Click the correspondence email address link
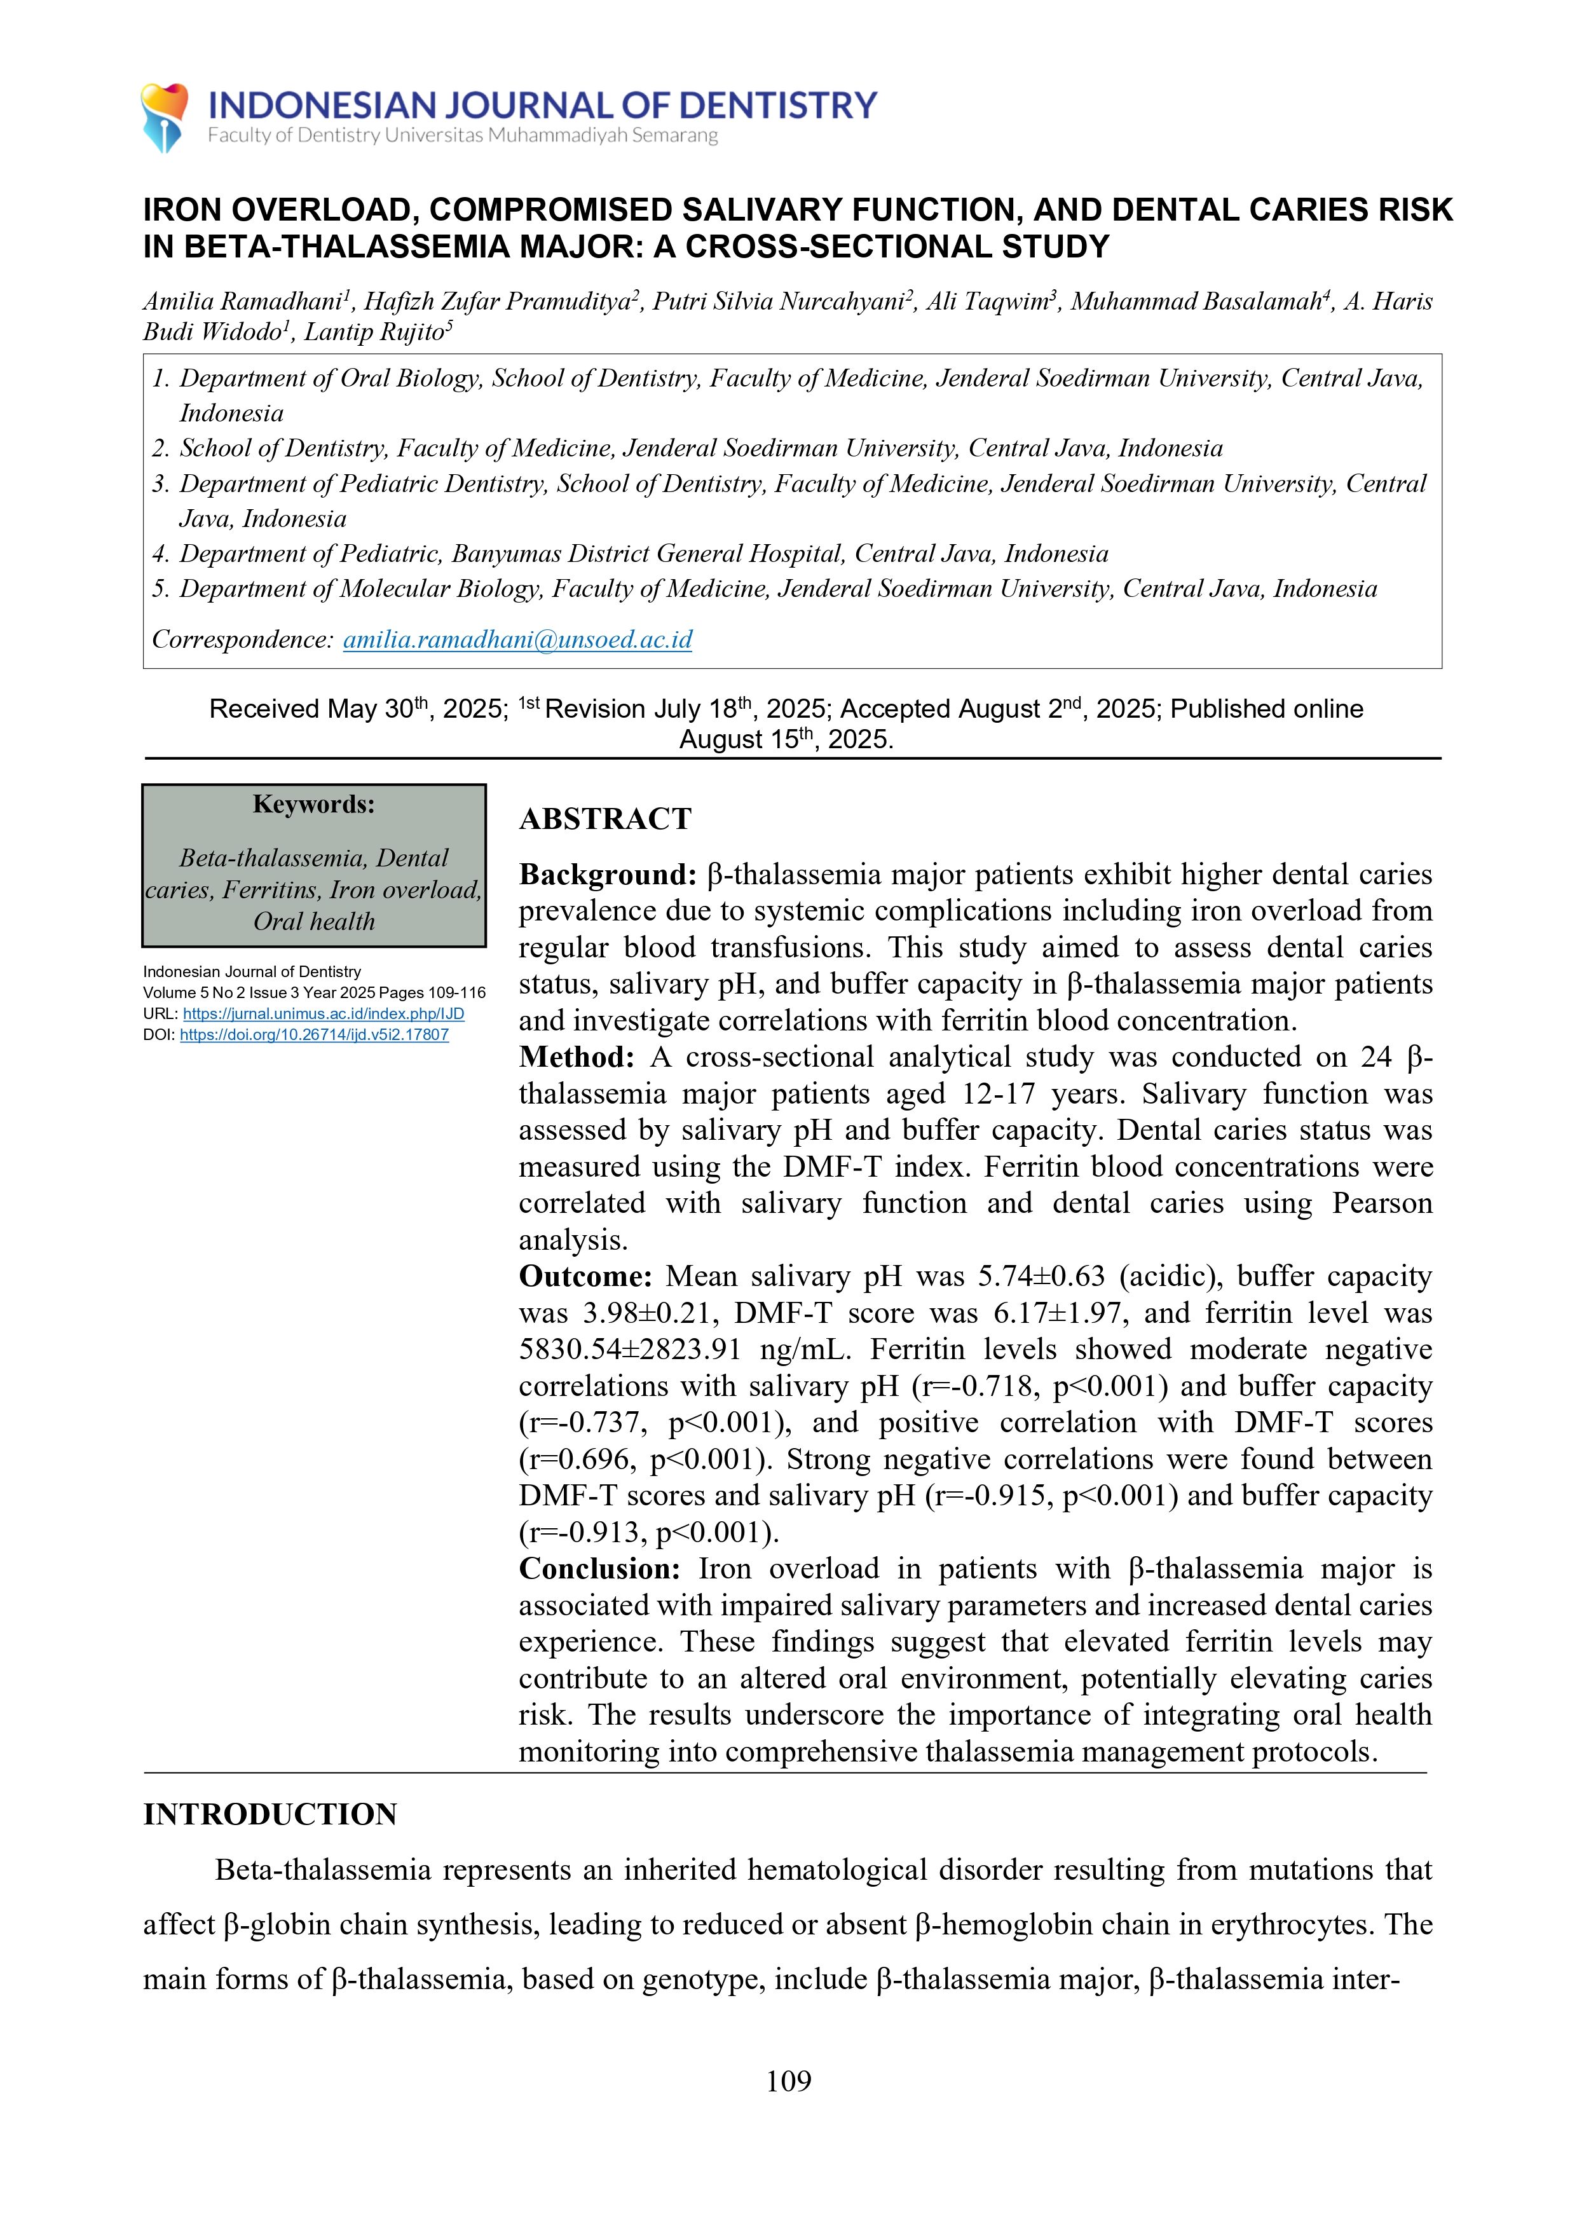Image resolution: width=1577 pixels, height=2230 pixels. [517, 639]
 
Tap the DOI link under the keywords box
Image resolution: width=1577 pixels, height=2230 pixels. [313, 1034]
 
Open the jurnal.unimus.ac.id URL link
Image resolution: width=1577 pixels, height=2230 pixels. [324, 1013]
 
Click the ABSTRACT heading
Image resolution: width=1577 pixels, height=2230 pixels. [605, 819]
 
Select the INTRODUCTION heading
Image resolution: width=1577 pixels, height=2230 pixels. [270, 1814]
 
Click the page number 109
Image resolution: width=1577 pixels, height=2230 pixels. [788, 2081]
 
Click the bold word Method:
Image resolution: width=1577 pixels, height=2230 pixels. [577, 1057]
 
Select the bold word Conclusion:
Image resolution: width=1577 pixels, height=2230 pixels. [599, 1569]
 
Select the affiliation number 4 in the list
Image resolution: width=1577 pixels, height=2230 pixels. [160, 554]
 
